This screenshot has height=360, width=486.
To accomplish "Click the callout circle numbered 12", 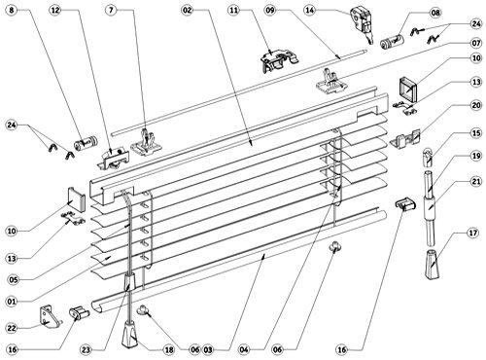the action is (55, 11).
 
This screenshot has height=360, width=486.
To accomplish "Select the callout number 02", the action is (188, 11).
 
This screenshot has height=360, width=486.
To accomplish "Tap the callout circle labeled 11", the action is (233, 11).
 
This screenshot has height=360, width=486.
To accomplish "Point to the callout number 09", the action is (270, 11).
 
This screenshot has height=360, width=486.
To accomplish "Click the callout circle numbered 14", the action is (310, 11).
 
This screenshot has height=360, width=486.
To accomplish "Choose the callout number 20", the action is (476, 105).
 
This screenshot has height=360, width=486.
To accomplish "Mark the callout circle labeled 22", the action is (12, 328).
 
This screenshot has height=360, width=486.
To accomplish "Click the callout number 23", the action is (86, 350).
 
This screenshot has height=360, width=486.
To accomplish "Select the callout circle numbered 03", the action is (208, 350).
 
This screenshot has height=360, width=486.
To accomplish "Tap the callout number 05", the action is (14, 279).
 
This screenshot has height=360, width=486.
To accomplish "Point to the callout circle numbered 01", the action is (12, 302).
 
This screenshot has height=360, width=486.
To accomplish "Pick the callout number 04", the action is (244, 350).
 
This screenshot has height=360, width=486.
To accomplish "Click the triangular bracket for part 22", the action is (49, 315).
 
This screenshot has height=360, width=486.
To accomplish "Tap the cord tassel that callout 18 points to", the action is (130, 335).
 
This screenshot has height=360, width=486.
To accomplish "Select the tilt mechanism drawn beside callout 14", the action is (362, 22).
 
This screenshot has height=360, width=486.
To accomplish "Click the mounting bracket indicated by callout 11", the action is (279, 60).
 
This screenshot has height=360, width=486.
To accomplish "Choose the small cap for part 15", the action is (428, 157).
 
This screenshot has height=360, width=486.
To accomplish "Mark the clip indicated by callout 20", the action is (405, 139).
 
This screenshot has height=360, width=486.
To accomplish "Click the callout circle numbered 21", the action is (476, 181).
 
